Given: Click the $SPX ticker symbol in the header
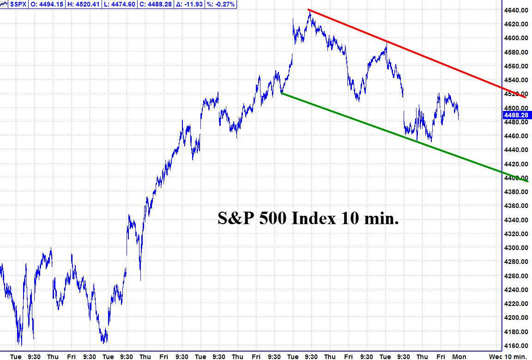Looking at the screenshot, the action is pos(18,5).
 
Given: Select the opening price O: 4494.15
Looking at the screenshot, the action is pos(47,5).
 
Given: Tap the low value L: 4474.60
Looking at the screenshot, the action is pos(120,5).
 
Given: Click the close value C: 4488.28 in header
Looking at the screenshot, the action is pos(156,5).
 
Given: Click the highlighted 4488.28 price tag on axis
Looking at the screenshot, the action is pos(517,115).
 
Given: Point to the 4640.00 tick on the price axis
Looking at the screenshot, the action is pos(516,10).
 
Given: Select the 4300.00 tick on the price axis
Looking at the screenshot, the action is pos(516,248).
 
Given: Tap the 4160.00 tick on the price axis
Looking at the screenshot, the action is pos(516,346).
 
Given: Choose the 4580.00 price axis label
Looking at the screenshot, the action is pos(516,52).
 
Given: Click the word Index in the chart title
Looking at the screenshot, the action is pos(314,218).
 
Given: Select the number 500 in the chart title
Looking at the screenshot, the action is pos(272,218).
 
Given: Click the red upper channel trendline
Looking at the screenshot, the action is pos(417,53).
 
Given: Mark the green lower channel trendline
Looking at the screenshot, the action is pos(405,137).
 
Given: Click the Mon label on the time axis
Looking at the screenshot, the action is pos(459,357).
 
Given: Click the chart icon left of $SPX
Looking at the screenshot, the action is pos(4,5).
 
